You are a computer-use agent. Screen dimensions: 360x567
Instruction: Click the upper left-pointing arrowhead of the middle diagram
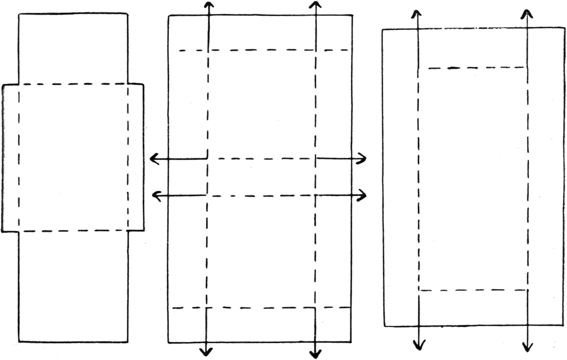[x=152, y=159]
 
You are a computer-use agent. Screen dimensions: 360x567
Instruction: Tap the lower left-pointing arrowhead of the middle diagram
[x=156, y=196]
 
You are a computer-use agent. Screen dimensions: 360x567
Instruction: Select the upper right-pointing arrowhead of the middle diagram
[x=364, y=159]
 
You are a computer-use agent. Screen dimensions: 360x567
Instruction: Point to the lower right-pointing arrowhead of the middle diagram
[x=363, y=196]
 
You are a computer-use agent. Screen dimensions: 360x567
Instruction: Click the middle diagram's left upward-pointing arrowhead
[x=209, y=5]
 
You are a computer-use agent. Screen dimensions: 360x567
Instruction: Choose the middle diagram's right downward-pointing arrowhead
[x=315, y=354]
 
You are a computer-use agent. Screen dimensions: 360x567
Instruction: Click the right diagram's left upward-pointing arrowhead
[x=417, y=12]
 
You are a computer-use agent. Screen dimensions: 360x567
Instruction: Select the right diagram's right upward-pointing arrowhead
[x=527, y=12]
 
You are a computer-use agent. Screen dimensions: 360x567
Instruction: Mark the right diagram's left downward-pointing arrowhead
[x=418, y=346]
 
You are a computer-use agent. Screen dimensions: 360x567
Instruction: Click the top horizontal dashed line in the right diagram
[x=476, y=68]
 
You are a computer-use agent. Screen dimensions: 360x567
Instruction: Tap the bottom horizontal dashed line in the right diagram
[x=473, y=290]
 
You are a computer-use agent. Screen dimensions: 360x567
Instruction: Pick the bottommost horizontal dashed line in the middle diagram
[x=261, y=308]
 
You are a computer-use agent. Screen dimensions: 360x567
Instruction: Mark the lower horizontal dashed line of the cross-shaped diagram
[x=74, y=231]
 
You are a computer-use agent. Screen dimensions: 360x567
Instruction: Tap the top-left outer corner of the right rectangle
[x=383, y=29]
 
